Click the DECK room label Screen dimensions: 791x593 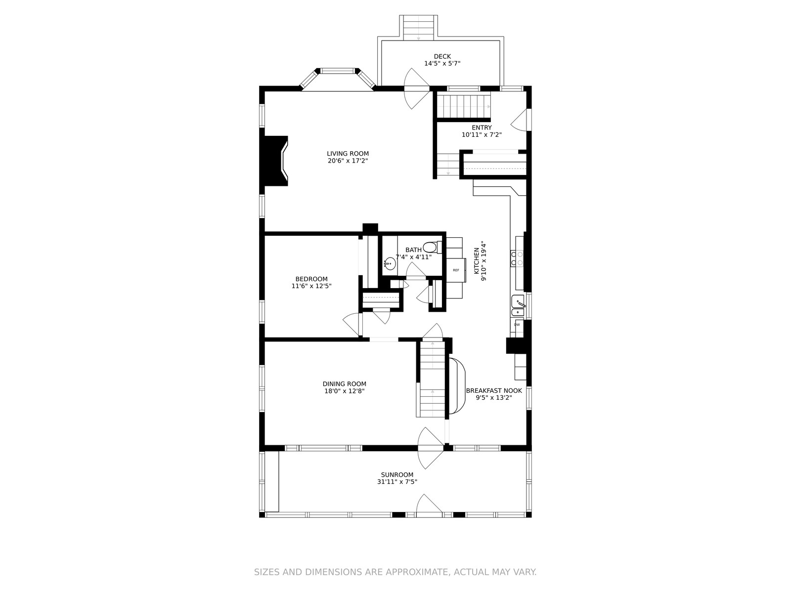click(x=442, y=56)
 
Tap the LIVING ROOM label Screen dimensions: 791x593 click(x=348, y=154)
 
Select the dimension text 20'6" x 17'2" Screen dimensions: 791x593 click(x=348, y=161)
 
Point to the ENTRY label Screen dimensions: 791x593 click(x=482, y=128)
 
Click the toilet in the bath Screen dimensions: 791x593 click(x=432, y=248)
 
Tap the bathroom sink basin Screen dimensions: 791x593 click(x=390, y=264)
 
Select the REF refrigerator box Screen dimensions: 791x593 click(x=456, y=270)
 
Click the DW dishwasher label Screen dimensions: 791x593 click(x=517, y=325)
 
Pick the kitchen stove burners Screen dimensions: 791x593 click(x=517, y=259)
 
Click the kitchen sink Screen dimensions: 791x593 click(x=518, y=306)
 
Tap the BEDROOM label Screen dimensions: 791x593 click(x=311, y=279)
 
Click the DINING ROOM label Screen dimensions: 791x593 click(x=344, y=384)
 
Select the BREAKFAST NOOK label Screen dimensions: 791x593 click(x=494, y=391)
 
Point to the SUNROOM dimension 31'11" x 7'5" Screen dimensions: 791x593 click(x=397, y=482)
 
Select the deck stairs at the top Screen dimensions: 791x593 click(x=418, y=28)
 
